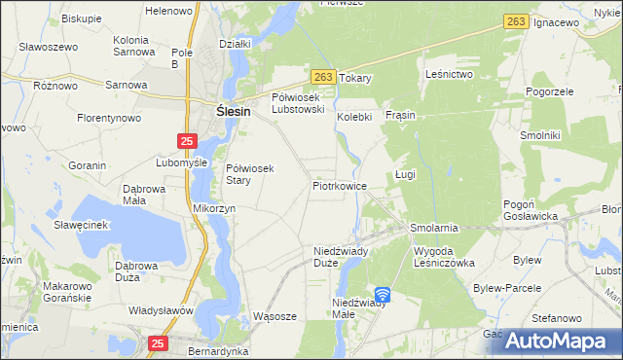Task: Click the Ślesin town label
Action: click(x=234, y=112)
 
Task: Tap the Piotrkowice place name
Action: click(x=339, y=185)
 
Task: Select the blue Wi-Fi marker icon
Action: click(x=383, y=295)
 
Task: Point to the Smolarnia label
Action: click(x=434, y=228)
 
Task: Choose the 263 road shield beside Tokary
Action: click(x=324, y=76)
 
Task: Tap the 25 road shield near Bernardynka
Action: click(x=159, y=342)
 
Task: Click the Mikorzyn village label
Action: click(x=214, y=208)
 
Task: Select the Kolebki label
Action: click(x=355, y=117)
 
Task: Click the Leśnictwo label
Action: click(x=449, y=74)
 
